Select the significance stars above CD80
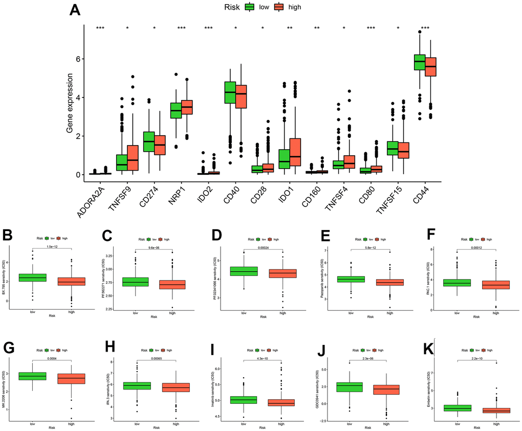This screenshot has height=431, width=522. [371, 28]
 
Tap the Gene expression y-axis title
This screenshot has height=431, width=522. [70, 103]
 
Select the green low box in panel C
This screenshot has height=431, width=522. [136, 281]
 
